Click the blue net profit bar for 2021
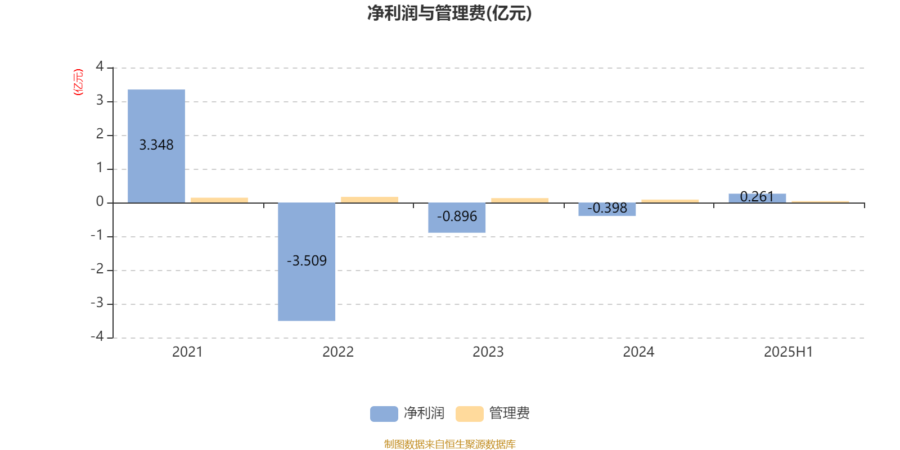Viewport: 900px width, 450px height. click(x=156, y=146)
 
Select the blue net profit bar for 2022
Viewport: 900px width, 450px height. click(x=307, y=262)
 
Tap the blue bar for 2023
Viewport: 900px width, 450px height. click(x=457, y=218)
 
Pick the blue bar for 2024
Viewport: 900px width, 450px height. click(x=607, y=209)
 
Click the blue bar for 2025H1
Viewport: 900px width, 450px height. click(x=757, y=199)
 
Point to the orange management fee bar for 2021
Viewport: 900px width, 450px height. click(x=219, y=200)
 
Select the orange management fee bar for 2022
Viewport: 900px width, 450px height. click(x=370, y=200)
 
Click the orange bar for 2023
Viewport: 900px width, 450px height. click(x=520, y=200)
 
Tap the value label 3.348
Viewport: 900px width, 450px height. click(x=156, y=145)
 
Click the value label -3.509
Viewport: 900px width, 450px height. click(x=307, y=261)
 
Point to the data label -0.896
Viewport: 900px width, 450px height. click(x=457, y=217)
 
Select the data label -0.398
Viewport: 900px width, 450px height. click(x=607, y=208)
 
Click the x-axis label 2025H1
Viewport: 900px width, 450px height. click(x=788, y=352)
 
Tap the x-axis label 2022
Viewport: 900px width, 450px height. click(x=338, y=352)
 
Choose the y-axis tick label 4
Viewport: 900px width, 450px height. click(x=100, y=66)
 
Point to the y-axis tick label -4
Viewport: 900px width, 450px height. click(x=97, y=336)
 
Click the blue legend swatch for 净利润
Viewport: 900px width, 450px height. click(x=384, y=414)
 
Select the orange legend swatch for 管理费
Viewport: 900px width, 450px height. click(x=469, y=414)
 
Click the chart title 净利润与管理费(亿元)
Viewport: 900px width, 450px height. click(x=449, y=13)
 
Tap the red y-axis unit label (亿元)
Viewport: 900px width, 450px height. click(x=78, y=82)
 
